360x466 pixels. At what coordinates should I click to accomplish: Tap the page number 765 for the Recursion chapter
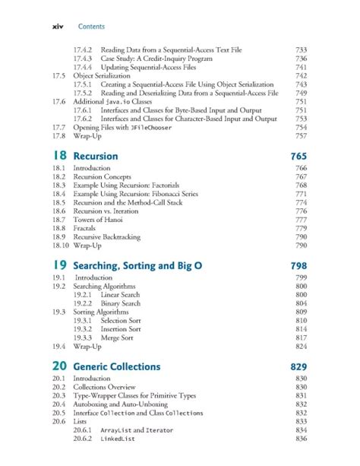point(298,157)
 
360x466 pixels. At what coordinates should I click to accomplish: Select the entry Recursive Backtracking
point(107,237)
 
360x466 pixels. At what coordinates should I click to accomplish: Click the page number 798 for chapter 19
point(298,266)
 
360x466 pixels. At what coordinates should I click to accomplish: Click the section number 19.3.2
point(83,328)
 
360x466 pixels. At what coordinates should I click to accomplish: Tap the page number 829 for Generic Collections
point(298,366)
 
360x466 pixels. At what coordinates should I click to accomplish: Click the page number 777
point(301,219)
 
